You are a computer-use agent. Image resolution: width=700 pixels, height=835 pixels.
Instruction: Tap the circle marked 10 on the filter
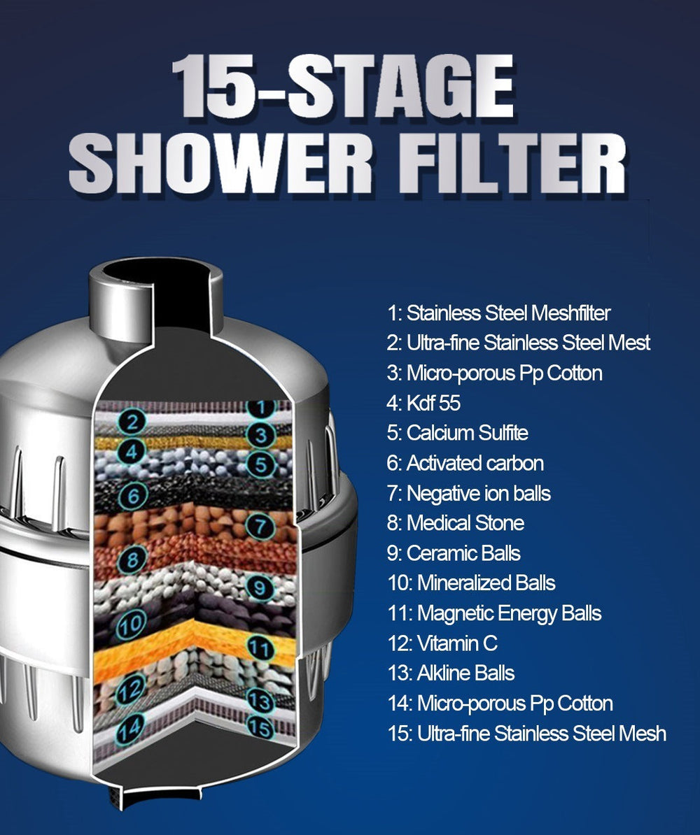(131, 624)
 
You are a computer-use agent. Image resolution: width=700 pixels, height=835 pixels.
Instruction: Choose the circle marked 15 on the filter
(260, 728)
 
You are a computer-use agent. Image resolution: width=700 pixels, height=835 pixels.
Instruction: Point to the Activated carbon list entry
(465, 463)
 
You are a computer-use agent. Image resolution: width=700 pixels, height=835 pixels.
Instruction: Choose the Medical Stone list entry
(455, 523)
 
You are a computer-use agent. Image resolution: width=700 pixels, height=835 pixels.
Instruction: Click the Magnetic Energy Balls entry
(493, 613)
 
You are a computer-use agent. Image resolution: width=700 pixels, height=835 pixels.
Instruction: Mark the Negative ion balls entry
(468, 493)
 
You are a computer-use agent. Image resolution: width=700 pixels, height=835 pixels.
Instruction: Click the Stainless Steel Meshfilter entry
(498, 313)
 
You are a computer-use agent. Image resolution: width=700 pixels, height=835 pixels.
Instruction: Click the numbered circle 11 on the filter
(260, 649)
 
